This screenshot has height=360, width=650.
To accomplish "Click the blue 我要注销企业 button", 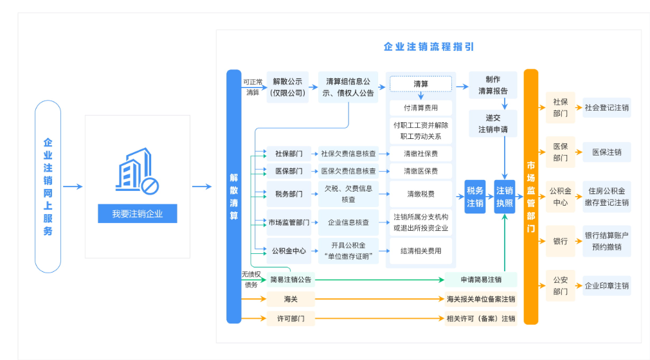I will (x=137, y=214).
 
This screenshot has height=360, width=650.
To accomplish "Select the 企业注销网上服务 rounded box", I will (x=48, y=186).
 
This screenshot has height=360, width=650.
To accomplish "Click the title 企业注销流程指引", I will (x=429, y=47).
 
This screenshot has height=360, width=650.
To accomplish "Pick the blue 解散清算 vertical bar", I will (x=234, y=196).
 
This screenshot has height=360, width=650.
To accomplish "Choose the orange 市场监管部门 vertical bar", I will (x=531, y=196).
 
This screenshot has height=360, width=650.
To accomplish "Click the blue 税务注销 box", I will (x=475, y=197).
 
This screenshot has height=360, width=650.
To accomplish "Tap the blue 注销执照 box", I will (x=505, y=197).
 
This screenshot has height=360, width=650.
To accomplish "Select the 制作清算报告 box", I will (x=493, y=85).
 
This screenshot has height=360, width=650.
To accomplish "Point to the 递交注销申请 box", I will (x=493, y=123).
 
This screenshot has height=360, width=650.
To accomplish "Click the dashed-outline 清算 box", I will (x=421, y=84).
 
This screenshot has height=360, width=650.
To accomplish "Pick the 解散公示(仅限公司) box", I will (x=287, y=87).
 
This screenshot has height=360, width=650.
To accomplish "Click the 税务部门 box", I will (x=289, y=194).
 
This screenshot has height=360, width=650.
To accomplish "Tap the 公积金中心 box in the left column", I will (x=289, y=251).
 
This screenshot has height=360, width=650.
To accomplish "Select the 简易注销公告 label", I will (x=291, y=280).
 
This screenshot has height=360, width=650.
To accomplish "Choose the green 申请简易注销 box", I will (x=481, y=280).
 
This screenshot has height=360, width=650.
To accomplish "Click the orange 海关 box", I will (x=291, y=299).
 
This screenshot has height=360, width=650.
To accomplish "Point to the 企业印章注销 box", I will (x=606, y=285).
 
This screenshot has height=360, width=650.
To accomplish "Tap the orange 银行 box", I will (x=560, y=241).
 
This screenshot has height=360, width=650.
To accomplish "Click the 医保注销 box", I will (x=606, y=152).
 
